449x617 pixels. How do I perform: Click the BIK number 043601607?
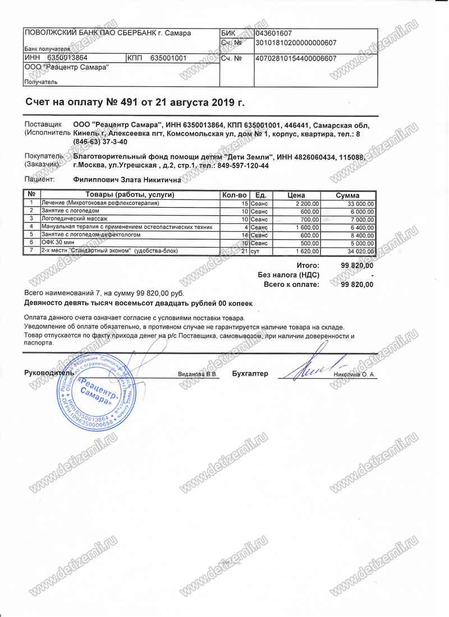[273, 34]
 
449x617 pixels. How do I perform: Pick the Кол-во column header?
[235, 195]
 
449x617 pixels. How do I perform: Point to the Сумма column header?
[347, 195]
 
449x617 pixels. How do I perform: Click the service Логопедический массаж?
[74, 219]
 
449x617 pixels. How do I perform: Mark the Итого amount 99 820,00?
[357, 265]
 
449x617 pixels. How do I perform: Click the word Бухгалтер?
[250, 373]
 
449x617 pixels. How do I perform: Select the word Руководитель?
[49, 373]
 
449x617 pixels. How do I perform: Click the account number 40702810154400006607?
[296, 58]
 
